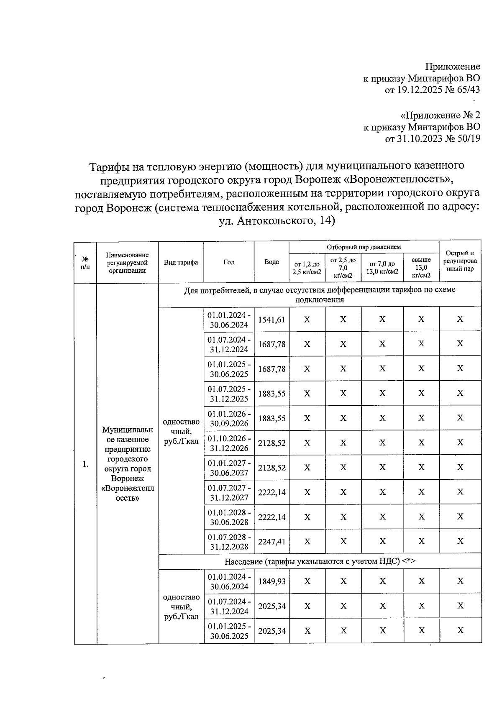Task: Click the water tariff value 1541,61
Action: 271,320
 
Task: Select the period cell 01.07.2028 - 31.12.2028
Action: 229,542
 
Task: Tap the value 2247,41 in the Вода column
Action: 271,542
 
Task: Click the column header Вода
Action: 271,262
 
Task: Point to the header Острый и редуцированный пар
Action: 460,261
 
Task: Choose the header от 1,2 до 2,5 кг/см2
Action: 307,268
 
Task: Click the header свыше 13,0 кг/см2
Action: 421,268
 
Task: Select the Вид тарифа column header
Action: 181,262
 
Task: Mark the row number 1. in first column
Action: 85,464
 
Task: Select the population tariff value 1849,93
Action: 271,581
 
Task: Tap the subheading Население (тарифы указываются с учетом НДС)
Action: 320,561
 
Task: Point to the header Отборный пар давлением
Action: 364,247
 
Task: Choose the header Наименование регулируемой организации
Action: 127,262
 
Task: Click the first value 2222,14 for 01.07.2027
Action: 271,493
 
